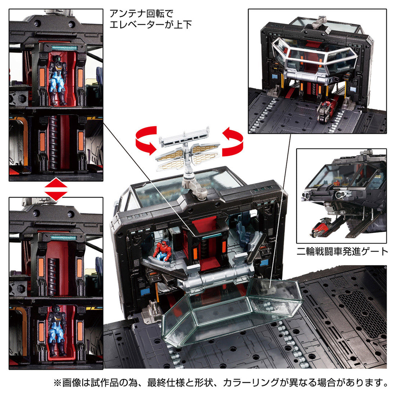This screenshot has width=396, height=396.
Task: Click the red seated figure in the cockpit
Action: (x=161, y=251)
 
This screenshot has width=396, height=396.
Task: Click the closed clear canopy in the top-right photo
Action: (x=315, y=59)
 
